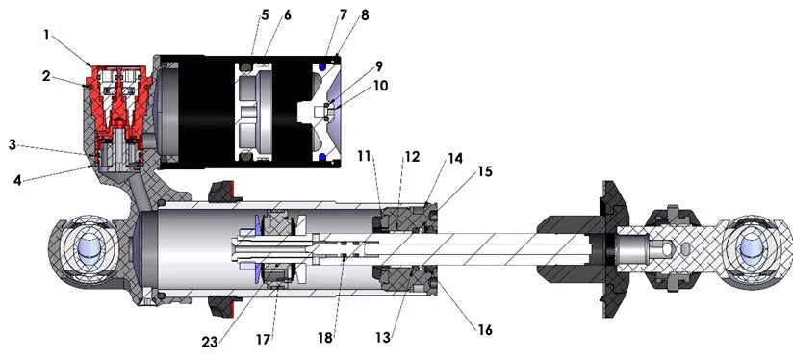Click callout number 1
[47, 36]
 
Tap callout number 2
[46, 76]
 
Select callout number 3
[13, 144]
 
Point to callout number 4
[17, 180]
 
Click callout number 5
[265, 15]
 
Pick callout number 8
[364, 15]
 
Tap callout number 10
[380, 86]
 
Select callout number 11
[364, 156]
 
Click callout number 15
[485, 172]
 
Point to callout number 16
[485, 330]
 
